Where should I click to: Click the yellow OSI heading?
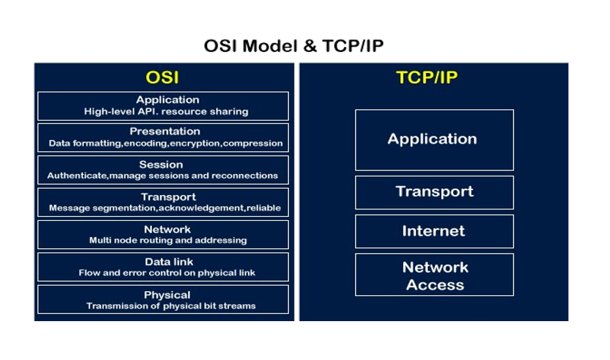[162, 77]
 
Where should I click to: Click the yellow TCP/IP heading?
[427, 77]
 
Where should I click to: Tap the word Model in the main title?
[270, 46]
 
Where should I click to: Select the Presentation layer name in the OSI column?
[165, 131]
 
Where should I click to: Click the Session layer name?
[161, 164]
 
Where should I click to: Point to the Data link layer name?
[169, 262]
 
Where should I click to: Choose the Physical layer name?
[167, 295]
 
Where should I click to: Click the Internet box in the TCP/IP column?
[434, 231]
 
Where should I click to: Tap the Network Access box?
[434, 275]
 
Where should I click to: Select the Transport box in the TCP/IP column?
[434, 192]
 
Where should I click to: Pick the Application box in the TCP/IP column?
[434, 140]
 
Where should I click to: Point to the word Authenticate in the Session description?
[77, 175]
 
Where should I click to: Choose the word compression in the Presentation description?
[253, 144]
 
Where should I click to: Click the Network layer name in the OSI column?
[167, 229]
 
